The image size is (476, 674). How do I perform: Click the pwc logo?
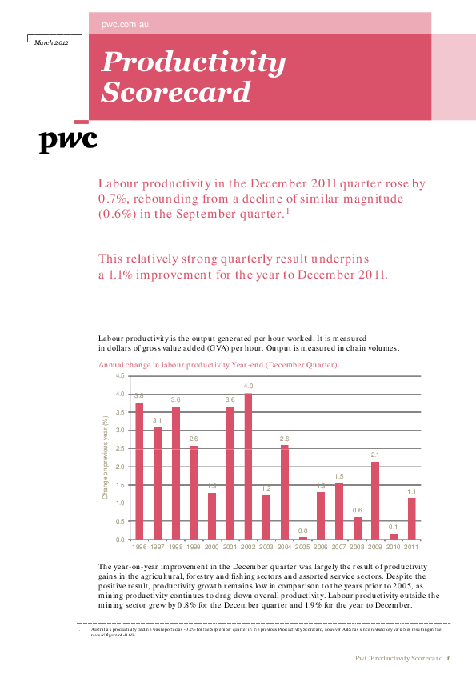coord(68,141)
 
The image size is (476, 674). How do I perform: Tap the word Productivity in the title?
coord(193,62)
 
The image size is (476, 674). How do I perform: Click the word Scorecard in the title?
coord(176,93)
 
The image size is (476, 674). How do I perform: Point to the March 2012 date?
coord(51,41)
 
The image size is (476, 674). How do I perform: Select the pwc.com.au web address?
coord(126,26)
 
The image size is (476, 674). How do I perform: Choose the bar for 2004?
coord(284,491)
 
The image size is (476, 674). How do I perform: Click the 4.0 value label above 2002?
coord(248,386)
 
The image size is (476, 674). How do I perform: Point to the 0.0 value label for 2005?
coord(302,530)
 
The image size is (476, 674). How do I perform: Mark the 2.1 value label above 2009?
coord(375,455)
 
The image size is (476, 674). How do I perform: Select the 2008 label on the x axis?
coord(357,547)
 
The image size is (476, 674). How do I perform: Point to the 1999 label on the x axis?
coord(194,547)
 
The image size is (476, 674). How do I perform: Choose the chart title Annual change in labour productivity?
coord(218,365)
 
